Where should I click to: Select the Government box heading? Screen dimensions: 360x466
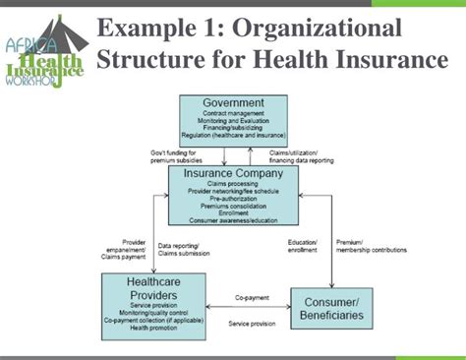[x=233, y=102]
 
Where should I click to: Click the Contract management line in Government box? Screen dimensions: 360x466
[x=233, y=115]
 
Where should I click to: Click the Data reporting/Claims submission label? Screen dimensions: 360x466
[x=193, y=252]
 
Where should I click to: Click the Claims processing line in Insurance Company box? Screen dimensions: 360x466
[x=233, y=184]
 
